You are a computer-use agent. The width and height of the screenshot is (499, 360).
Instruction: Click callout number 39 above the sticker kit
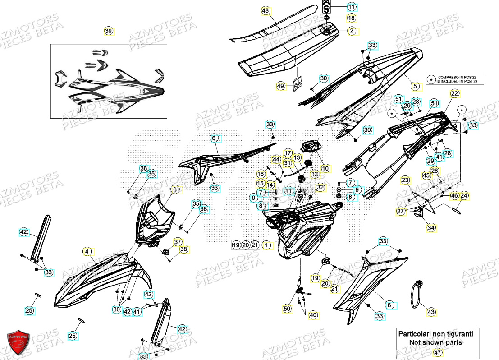point(108,31)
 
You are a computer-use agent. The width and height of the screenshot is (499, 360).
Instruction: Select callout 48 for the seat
point(265,10)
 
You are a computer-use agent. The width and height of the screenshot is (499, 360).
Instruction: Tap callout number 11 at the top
point(351,6)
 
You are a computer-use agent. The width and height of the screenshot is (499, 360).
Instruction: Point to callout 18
point(351,18)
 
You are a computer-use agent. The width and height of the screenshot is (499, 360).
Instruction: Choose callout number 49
point(280,86)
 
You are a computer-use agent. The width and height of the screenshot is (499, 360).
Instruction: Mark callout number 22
point(454,93)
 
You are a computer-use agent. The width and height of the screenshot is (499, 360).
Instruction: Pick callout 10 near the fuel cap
point(325,168)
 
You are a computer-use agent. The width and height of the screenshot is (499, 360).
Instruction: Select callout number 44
point(276,159)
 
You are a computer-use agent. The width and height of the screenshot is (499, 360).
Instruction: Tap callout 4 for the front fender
point(87,251)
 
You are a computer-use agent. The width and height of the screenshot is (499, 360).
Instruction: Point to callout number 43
point(431,312)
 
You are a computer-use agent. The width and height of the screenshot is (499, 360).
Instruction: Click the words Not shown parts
point(435,342)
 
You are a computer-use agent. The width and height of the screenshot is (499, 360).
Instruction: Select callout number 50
point(287,309)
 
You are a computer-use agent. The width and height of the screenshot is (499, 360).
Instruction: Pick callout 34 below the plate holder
point(431,228)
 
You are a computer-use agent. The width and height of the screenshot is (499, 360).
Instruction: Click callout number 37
point(177,242)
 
